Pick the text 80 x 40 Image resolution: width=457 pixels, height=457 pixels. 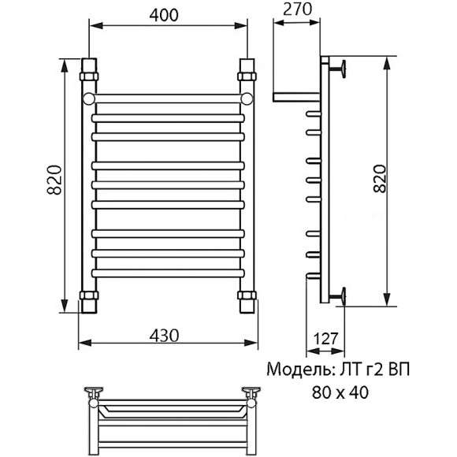339,391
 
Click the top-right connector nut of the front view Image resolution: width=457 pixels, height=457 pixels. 247,76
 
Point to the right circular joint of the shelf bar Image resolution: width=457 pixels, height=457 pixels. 247,98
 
